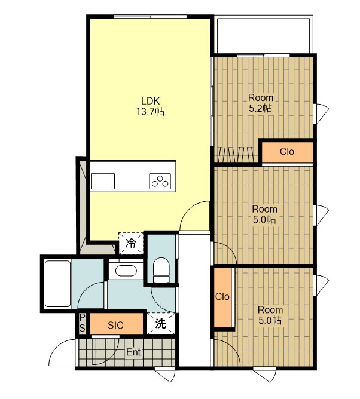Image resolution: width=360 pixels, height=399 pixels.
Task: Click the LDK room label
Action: [150, 101]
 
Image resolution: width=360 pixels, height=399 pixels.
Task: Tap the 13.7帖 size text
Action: [150, 112]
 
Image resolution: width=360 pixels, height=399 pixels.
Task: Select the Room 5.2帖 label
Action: [260, 103]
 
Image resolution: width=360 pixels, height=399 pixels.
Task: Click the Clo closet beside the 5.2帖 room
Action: [287, 152]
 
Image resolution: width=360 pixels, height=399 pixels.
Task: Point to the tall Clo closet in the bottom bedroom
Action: [222, 297]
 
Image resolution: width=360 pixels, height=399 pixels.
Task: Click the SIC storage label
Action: [115, 325]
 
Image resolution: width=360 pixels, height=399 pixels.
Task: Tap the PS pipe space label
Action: [82, 323]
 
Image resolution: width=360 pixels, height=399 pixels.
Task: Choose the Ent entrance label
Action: [133, 352]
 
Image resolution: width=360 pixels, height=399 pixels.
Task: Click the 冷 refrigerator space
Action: [131, 243]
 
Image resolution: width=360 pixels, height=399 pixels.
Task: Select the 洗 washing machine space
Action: [161, 323]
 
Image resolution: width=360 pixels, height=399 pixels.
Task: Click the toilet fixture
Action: [161, 270]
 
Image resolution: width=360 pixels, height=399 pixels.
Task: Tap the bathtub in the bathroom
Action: [57, 284]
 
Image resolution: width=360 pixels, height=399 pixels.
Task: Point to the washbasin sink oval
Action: [126, 271]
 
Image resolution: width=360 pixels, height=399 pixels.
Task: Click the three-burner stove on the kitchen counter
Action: [160, 181]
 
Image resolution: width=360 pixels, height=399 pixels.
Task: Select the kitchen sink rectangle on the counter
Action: [103, 181]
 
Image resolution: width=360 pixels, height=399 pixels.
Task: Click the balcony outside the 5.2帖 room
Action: [264, 35]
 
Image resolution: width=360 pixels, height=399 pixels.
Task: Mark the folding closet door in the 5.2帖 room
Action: [236, 155]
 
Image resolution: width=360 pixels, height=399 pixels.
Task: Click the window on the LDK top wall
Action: [150, 17]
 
